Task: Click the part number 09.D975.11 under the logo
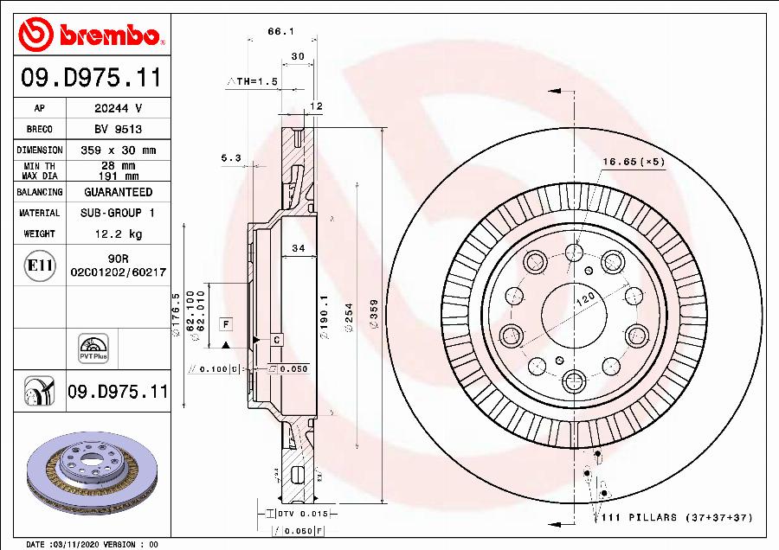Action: pyautogui.click(x=90, y=78)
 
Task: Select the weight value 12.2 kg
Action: pyautogui.click(x=118, y=233)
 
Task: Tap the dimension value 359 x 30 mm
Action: pyautogui.click(x=118, y=150)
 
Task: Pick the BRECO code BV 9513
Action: pyautogui.click(x=118, y=129)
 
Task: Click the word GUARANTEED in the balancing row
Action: pyautogui.click(x=118, y=192)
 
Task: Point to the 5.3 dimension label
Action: pyautogui.click(x=230, y=158)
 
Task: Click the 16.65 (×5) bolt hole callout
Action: pyautogui.click(x=633, y=162)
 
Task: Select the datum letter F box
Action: pyautogui.click(x=226, y=324)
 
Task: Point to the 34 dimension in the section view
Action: pyautogui.click(x=299, y=248)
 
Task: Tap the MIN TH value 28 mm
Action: pyautogui.click(x=118, y=165)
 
